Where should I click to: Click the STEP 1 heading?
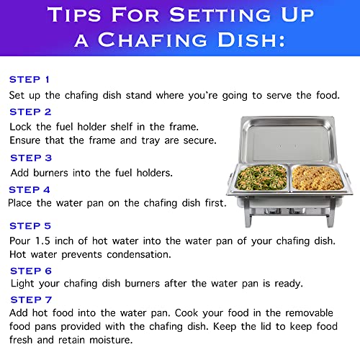click(30, 79)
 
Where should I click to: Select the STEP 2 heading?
click(30, 112)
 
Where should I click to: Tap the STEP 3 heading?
click(31, 158)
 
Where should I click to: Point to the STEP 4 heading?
click(30, 190)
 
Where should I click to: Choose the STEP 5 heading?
click(30, 226)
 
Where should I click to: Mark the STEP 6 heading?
click(31, 271)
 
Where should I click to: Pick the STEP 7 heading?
click(31, 300)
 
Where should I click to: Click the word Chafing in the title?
click(153, 40)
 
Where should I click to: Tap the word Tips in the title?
click(74, 15)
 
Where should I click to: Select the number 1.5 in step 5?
click(42, 241)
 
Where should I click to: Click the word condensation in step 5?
click(139, 255)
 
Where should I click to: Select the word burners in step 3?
click(50, 173)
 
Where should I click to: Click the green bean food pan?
click(261, 179)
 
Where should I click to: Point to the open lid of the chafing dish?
click(287, 140)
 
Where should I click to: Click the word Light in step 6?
click(22, 284)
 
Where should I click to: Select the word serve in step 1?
click(279, 96)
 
